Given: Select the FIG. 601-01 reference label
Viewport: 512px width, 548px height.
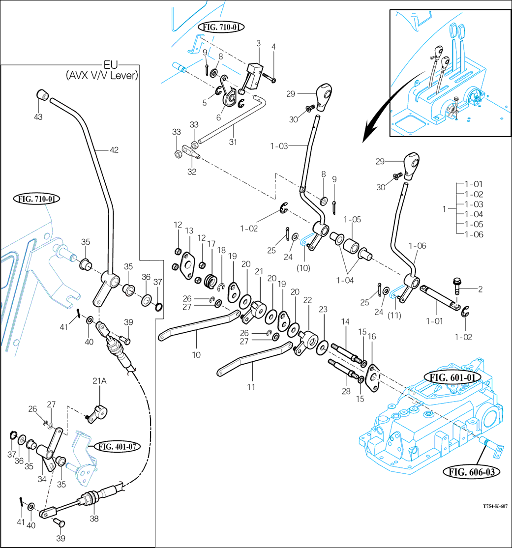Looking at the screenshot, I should coord(450,378).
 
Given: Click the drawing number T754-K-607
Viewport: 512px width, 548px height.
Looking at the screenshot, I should coord(494,506).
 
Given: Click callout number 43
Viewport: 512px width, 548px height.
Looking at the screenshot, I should coord(38,117).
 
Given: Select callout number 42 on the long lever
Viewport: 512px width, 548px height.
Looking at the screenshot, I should coord(114,150).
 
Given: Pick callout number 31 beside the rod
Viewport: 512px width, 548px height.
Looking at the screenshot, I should coord(233,142).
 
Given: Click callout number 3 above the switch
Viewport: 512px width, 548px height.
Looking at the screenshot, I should coord(258,44).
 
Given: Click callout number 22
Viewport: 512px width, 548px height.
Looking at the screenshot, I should coord(308,300).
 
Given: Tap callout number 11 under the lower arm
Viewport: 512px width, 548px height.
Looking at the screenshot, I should coord(251,387).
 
